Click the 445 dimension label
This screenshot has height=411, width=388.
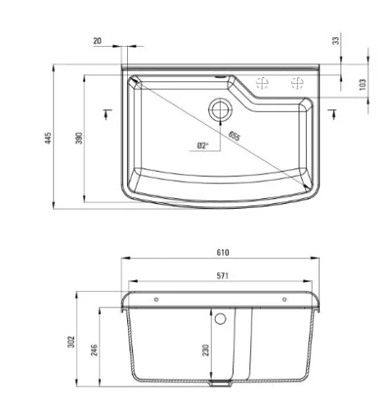point(48,138)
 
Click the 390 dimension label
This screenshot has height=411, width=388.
point(79,138)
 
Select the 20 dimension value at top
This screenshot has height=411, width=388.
point(98,41)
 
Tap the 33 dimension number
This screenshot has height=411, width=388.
point(336,40)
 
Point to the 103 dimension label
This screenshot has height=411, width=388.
point(362,85)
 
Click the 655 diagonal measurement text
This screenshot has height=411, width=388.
point(235,136)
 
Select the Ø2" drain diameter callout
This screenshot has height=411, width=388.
point(203,145)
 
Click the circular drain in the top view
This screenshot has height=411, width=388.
point(221,109)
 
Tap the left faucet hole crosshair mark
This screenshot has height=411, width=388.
point(262,83)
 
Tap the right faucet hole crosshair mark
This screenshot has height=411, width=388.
point(297,83)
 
